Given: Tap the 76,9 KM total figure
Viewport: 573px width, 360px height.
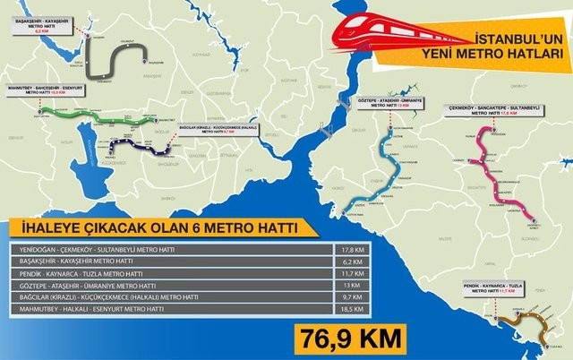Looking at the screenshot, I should [x=346, y=339].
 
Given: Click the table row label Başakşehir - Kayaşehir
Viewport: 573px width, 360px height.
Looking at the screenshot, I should [x=63, y=261].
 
